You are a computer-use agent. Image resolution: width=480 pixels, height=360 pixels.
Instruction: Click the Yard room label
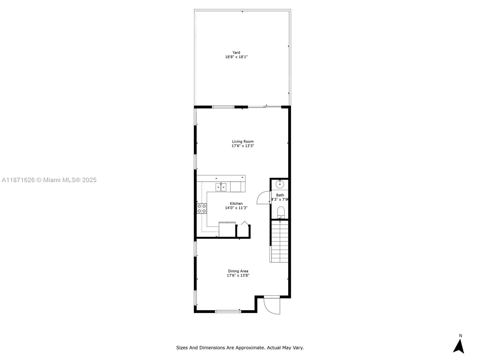tap(236, 52)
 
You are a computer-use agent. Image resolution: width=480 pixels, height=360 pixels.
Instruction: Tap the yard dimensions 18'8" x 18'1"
tap(236, 57)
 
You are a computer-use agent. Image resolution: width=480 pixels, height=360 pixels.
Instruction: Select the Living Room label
tap(243, 141)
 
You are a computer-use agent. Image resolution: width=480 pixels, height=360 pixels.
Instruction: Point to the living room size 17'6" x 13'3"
tap(243, 146)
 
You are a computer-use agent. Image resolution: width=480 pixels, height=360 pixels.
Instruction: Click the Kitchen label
tap(236, 203)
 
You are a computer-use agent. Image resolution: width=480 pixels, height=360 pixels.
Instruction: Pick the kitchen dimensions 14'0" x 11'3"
tap(236, 208)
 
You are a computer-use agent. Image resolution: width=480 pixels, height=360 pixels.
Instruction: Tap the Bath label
tap(280, 195)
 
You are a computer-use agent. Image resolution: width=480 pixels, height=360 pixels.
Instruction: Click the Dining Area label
tap(238, 271)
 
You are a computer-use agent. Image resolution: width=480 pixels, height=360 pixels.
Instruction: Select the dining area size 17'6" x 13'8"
tap(238, 275)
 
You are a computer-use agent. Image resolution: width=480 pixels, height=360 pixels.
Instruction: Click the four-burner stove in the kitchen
tap(202, 208)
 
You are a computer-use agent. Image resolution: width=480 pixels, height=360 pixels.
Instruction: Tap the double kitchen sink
tap(221, 187)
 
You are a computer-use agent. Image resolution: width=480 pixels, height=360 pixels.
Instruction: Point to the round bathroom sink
tap(280, 184)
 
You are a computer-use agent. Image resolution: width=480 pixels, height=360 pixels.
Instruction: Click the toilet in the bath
tap(281, 212)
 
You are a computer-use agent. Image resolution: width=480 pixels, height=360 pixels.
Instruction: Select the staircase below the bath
tap(280, 241)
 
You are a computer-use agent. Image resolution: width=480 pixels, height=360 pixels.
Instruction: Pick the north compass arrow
tap(459, 346)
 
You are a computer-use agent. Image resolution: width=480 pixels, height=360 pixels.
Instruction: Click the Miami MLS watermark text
tap(49, 180)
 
